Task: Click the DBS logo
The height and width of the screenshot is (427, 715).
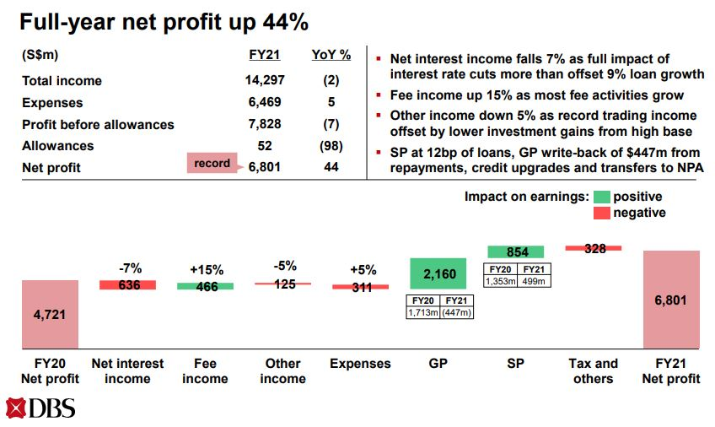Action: (x=40, y=408)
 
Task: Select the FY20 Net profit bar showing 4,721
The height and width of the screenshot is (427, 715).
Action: (x=50, y=314)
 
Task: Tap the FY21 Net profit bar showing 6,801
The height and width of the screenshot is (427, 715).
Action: (x=670, y=300)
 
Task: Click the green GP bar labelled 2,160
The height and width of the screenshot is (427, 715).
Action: (x=438, y=273)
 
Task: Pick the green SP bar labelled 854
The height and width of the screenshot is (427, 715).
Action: (x=516, y=251)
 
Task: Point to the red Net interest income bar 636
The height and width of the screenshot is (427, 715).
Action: (x=128, y=285)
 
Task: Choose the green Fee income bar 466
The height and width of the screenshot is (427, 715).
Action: (x=206, y=286)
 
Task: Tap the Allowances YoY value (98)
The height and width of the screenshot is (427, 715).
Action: (x=331, y=146)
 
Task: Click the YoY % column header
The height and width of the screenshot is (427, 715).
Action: (x=331, y=55)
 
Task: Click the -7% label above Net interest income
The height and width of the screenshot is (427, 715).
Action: (x=129, y=268)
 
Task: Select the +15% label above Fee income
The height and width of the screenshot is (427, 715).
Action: (x=207, y=270)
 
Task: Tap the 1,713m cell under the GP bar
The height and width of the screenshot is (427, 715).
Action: (x=422, y=312)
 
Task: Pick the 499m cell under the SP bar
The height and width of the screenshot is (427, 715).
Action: (x=535, y=281)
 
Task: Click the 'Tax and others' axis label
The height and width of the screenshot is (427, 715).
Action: (x=593, y=371)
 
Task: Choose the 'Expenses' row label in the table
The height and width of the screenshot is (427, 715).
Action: (x=52, y=103)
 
